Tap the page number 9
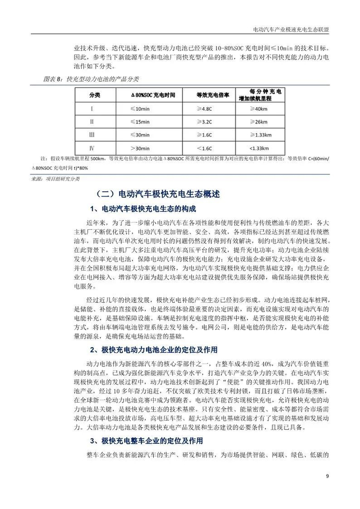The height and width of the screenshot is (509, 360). tap(328, 475)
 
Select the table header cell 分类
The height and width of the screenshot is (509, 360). tap(95, 96)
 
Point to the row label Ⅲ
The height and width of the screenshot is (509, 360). tap(92, 135)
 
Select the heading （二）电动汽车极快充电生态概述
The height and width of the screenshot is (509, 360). tap(157, 195)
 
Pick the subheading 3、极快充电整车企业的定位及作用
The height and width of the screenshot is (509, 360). tap(146, 441)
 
